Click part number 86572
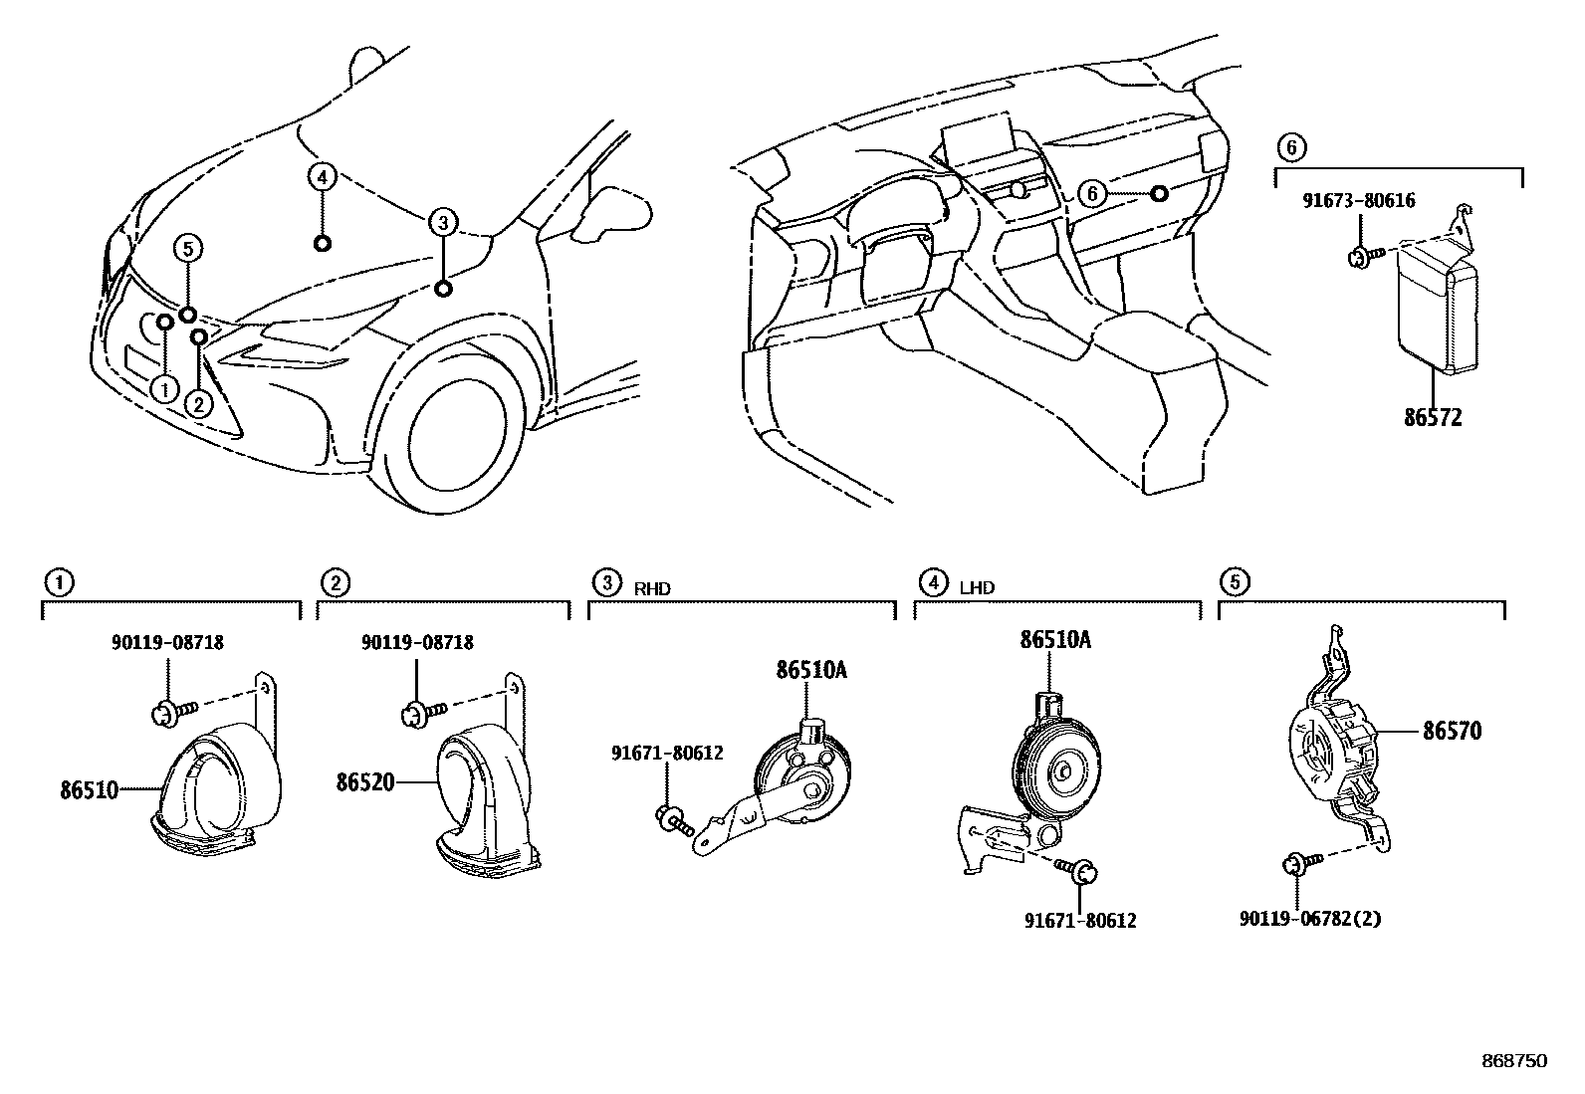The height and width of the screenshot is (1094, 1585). (x=1433, y=418)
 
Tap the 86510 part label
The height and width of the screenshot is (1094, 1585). (x=89, y=790)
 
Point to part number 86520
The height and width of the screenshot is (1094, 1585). (x=365, y=783)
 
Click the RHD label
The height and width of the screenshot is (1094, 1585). (x=652, y=588)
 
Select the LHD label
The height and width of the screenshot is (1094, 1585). (x=977, y=588)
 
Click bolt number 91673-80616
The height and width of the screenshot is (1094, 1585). (x=1359, y=201)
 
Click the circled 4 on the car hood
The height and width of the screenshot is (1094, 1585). (x=320, y=177)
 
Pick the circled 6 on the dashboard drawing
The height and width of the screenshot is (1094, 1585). (x=1092, y=193)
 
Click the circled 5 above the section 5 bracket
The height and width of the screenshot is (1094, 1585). (x=1233, y=581)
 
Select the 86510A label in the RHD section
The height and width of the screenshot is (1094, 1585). (x=811, y=671)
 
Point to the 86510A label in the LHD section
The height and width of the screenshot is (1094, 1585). (x=1054, y=640)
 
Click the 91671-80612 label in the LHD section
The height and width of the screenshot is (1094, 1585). (x=1080, y=921)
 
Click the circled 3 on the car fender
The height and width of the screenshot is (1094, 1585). (x=443, y=222)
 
